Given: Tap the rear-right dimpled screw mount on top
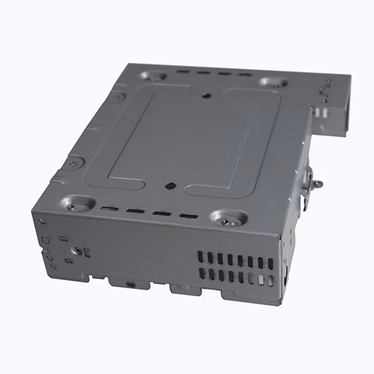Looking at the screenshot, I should pos(272,82).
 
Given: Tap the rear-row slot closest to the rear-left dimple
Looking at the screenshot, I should pos(180,70).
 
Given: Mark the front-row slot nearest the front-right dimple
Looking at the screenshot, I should pos(185,217).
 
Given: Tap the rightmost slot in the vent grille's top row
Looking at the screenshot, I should pos(271,263).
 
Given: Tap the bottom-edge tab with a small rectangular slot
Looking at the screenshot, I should pos(129,283).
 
